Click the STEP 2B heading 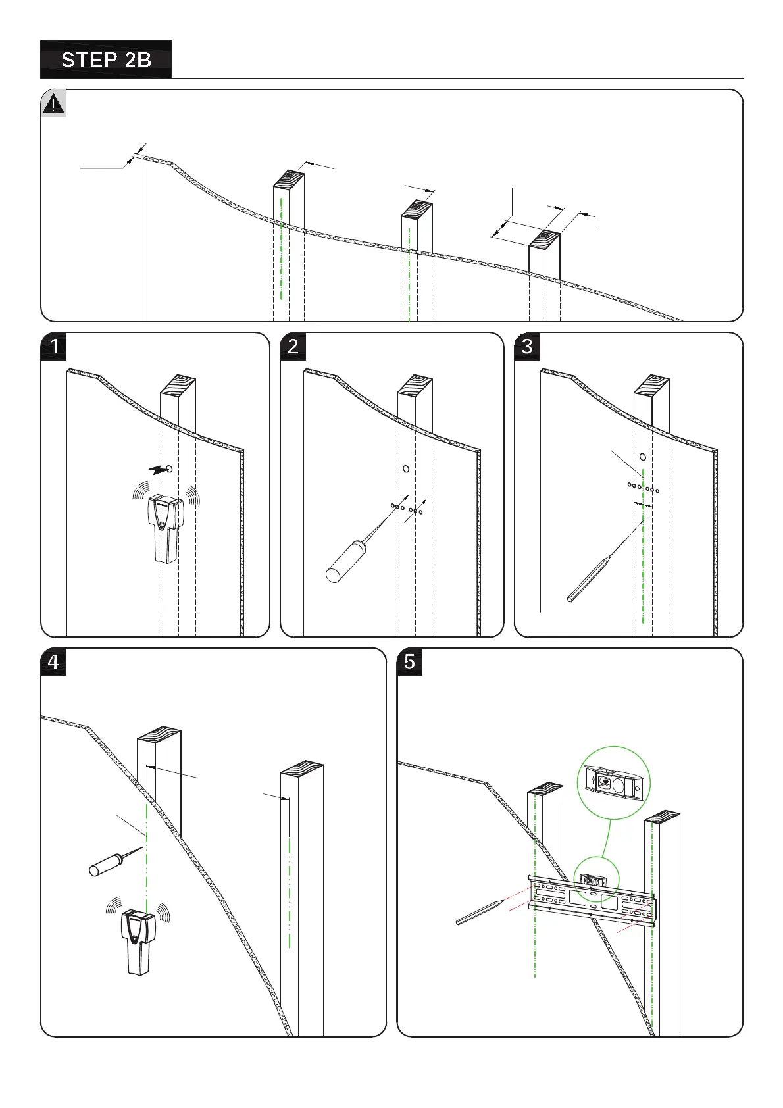[x=106, y=60]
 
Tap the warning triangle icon [x=54, y=105]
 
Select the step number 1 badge [x=54, y=346]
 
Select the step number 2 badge [x=293, y=346]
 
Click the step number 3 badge [x=527, y=346]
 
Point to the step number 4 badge [x=54, y=662]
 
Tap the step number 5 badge [x=410, y=662]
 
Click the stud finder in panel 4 [x=138, y=941]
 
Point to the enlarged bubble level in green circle [x=613, y=783]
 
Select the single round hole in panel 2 [x=406, y=469]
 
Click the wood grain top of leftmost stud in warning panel [x=289, y=179]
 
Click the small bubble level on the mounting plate [x=592, y=880]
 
